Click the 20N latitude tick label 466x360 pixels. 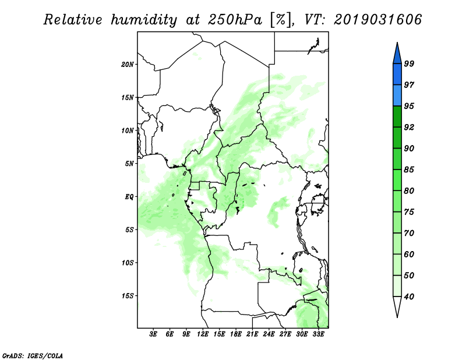coord(128,65)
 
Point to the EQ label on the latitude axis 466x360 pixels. coord(129,197)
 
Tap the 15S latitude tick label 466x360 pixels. coord(128,296)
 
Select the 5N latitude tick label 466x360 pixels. coord(129,164)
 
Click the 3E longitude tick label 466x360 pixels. coord(153,334)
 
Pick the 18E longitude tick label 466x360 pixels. coord(236,334)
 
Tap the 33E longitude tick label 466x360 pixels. coord(318,334)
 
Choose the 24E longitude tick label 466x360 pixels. coord(269,334)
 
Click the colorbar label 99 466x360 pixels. coord(409,63)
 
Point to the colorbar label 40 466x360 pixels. coord(409,297)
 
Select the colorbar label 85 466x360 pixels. coord(409,170)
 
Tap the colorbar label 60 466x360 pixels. coord(409,254)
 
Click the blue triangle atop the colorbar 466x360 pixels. coord(397,54)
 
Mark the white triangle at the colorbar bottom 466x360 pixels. coord(397,306)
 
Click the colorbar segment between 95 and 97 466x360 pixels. coord(397,96)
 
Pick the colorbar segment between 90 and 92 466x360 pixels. coord(397,137)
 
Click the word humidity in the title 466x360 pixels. coord(144,20)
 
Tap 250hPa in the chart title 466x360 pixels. coord(235,20)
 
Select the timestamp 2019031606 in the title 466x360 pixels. coord(377,20)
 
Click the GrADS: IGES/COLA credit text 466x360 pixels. coord(33,355)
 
